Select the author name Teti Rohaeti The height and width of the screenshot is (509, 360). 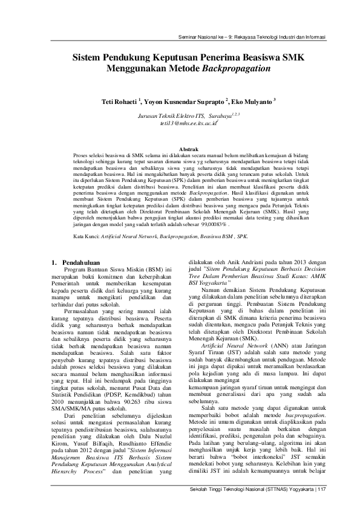point(119,100)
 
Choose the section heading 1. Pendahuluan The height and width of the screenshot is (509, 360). point(76,262)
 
